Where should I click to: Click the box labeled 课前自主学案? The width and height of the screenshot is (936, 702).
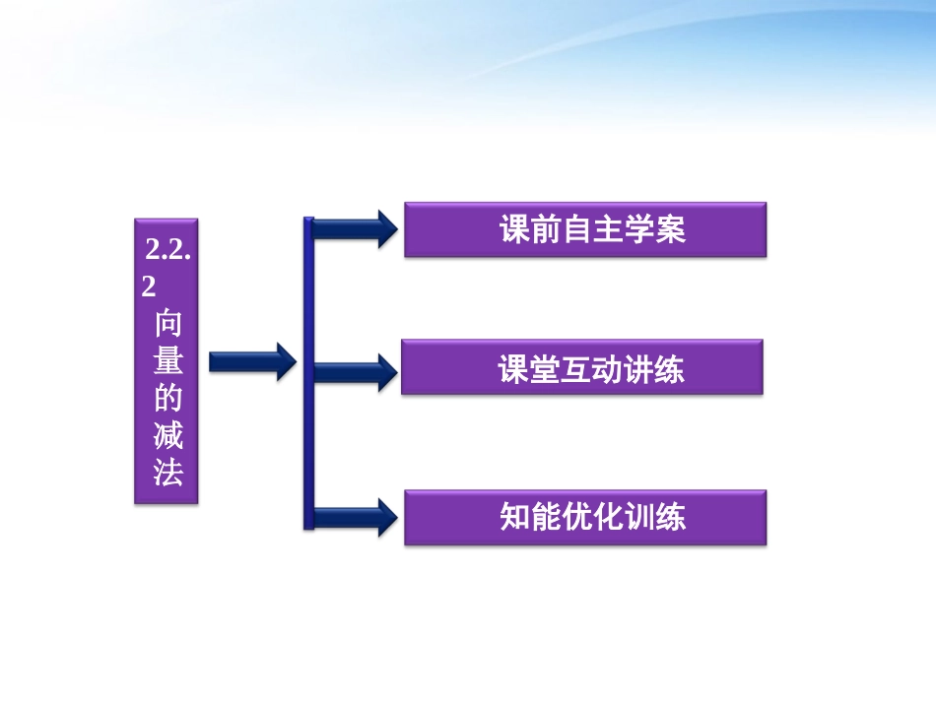point(584,230)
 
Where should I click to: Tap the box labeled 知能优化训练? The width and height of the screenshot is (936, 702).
point(584,518)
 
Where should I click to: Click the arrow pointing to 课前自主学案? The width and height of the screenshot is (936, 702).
point(355,228)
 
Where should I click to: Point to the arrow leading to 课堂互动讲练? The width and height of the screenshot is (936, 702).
point(355,371)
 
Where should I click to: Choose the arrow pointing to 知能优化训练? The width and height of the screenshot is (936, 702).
point(355,516)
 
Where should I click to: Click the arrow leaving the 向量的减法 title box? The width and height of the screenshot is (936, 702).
point(252,361)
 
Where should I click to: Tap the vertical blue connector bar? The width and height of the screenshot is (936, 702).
point(308,374)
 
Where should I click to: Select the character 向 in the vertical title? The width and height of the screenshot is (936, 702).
point(168,325)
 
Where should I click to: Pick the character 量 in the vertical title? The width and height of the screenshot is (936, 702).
point(168,361)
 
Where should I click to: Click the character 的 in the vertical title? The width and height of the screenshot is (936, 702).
point(168,398)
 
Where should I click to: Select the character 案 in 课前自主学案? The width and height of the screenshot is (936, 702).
point(671,230)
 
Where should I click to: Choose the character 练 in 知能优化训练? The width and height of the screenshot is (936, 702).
point(670,518)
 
